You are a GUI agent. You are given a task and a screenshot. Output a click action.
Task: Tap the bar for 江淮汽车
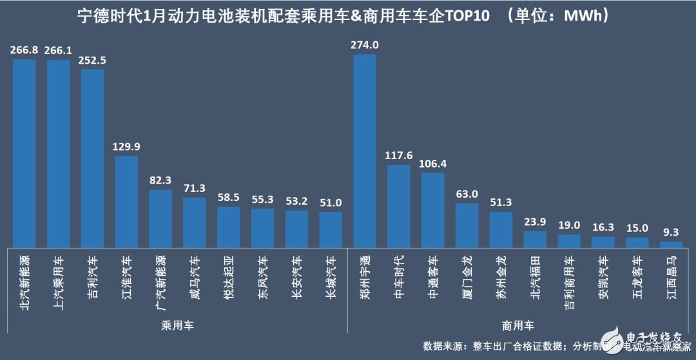126,200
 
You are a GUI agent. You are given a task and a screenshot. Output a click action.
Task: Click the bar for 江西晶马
671,243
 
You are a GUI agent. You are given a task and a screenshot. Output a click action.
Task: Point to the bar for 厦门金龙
467,225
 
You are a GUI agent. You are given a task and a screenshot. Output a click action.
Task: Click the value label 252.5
92,61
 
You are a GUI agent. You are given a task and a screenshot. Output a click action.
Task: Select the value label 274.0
365,45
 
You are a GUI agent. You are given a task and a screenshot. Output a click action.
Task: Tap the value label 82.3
160,181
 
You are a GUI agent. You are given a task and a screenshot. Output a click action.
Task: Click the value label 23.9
535,222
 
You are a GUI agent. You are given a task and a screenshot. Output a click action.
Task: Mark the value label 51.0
331,204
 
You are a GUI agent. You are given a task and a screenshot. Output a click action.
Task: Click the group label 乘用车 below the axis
177,326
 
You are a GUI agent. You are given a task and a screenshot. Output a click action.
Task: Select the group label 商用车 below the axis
518,326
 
